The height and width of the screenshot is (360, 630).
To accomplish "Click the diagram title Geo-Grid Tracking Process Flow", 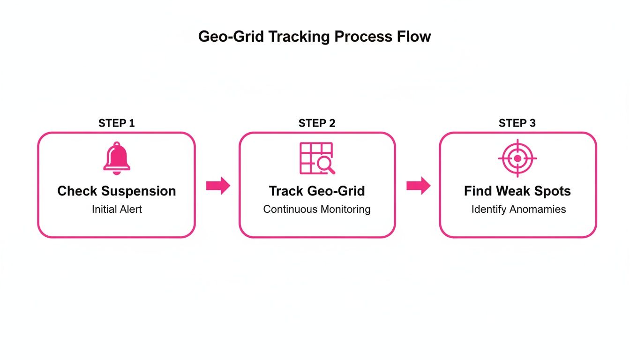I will [315, 37].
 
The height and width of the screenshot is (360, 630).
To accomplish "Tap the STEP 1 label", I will [117, 123].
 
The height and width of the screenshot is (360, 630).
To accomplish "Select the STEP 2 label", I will [317, 123].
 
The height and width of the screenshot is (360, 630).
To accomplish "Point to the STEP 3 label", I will [517, 123].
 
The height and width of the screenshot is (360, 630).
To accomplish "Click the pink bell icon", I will [117, 159].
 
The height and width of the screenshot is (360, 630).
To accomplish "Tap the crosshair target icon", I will [517, 158].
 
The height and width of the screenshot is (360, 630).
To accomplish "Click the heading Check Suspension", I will [117, 191].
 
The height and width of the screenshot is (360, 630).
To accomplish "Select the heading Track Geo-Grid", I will [317, 191].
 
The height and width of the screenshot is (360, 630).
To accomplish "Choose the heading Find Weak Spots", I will [517, 191].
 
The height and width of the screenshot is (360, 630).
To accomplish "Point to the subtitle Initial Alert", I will [117, 209].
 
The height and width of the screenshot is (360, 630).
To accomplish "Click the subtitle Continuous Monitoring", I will [317, 209].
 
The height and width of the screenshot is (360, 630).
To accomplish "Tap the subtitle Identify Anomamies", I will [518, 209].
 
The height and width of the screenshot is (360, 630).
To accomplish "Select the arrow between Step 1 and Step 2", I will [218, 186].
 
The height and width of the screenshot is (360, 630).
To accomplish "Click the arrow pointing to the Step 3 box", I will [418, 186].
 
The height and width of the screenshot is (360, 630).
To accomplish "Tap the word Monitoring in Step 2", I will [345, 209].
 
